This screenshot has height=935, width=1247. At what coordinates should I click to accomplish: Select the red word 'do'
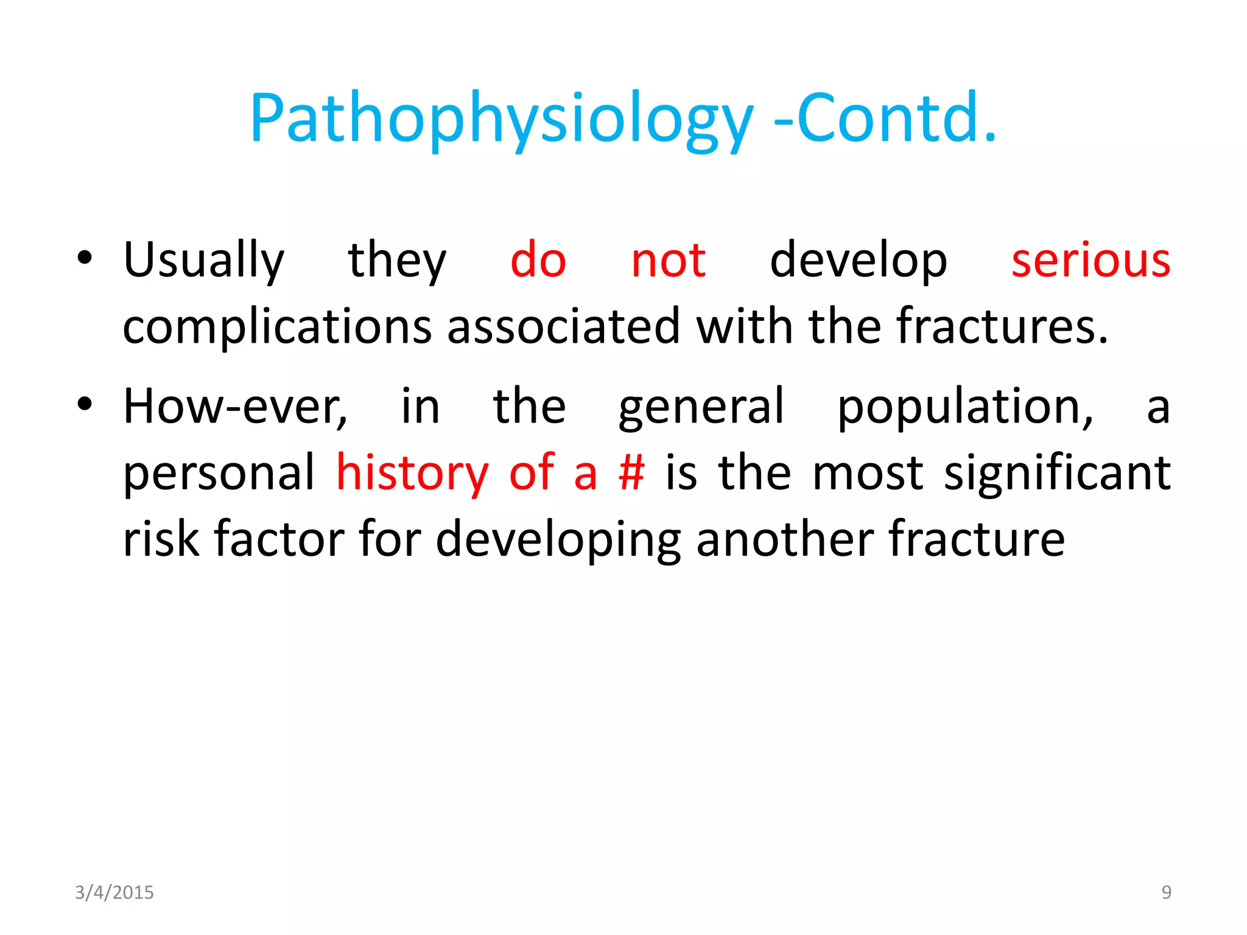pos(538,261)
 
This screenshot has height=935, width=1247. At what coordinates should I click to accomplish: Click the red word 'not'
pos(668,261)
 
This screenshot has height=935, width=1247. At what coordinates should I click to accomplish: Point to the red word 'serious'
pos(1090,261)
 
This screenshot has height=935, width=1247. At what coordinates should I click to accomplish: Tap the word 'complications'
pos(277,327)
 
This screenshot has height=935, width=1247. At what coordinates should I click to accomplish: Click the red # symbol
pos(631,473)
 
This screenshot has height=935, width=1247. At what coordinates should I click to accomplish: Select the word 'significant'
pos(1056,473)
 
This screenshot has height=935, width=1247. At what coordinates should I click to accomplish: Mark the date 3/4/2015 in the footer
pos(114,892)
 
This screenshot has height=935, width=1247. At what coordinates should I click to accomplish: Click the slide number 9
pos(1166,892)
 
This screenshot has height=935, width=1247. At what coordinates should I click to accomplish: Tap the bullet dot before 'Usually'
pos(85,258)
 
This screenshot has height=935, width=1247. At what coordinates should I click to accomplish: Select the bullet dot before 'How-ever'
pos(85,404)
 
